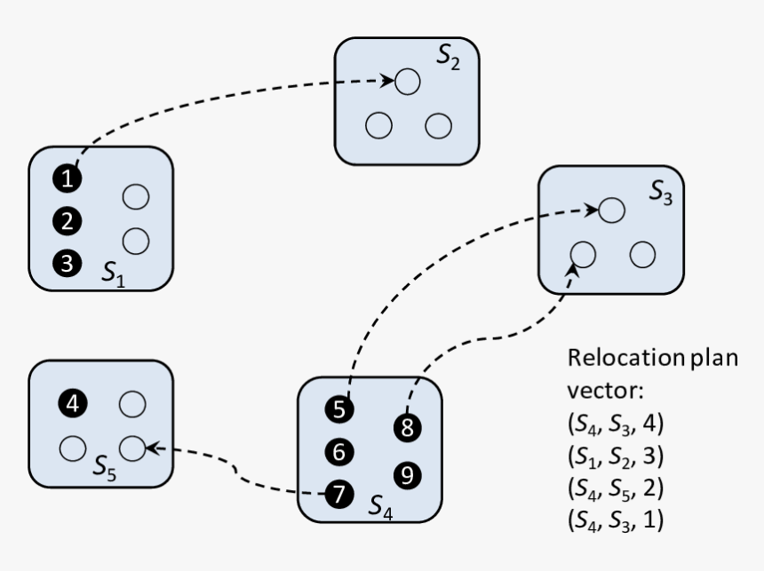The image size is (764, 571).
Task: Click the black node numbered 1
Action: point(67,178)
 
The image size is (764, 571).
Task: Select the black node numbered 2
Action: point(67,220)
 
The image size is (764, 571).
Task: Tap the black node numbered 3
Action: point(67,263)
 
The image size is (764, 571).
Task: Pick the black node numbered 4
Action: point(73,404)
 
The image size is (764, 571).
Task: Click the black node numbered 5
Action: point(338,409)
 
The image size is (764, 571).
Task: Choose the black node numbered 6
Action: point(338,452)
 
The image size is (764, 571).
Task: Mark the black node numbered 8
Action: point(407,428)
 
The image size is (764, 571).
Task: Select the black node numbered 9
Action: point(407,475)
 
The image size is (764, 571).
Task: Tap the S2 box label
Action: point(448,56)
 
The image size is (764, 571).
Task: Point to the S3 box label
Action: point(660,194)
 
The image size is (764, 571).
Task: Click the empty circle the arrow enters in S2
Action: point(407,82)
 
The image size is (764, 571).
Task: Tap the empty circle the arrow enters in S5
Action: point(131,448)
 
